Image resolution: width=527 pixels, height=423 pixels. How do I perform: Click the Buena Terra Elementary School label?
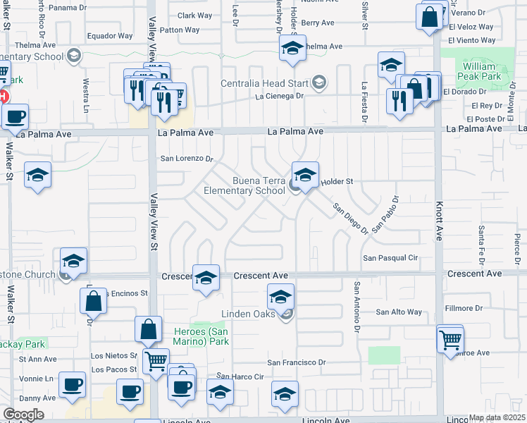(244, 185)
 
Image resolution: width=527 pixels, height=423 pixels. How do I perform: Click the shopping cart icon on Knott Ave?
(449, 340)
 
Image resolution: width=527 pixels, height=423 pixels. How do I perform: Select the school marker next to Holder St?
(304, 175)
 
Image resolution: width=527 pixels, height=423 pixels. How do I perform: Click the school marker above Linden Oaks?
(280, 296)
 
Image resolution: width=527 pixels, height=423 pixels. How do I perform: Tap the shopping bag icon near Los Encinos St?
(93, 301)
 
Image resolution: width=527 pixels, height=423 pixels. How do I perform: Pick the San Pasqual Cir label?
(390, 258)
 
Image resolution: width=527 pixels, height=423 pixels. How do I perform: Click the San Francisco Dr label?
(297, 362)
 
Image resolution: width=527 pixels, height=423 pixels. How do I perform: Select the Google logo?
(23, 415)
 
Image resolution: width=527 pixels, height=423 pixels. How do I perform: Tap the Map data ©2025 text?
(497, 417)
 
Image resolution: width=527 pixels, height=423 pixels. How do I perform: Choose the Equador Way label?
(109, 36)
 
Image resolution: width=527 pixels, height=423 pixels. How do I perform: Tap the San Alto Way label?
(398, 312)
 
